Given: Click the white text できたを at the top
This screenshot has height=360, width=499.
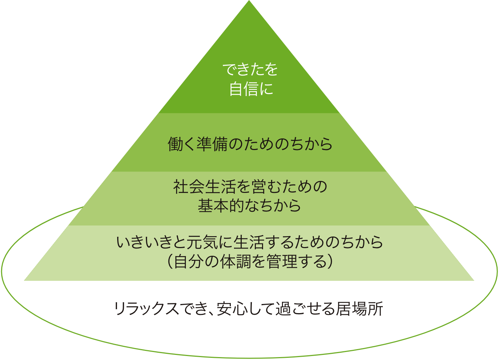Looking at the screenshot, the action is (250, 69).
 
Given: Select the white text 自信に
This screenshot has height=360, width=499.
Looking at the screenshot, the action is (251, 89).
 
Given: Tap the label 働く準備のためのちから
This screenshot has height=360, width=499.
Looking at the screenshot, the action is (250, 144).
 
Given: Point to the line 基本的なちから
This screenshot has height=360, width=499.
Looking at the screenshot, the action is (249, 205).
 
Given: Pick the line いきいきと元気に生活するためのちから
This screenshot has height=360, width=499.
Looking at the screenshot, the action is (250, 242).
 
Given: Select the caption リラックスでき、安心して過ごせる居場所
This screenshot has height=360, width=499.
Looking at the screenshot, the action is (248, 308).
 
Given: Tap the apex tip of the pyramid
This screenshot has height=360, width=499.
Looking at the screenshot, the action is (249, 0).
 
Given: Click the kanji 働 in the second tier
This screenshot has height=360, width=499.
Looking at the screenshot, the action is (175, 144).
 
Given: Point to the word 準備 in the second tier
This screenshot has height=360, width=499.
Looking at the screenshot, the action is (212, 144).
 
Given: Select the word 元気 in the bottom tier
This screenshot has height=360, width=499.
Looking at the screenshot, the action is (202, 242).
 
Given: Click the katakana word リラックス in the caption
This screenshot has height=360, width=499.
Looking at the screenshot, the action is (147, 308).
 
